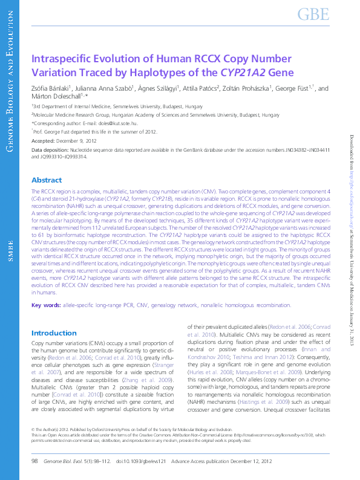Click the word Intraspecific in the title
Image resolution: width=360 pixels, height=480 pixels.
(x=63, y=59)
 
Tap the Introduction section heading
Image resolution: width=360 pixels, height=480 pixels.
(x=54, y=333)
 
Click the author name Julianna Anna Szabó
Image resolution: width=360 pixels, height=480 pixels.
(x=105, y=88)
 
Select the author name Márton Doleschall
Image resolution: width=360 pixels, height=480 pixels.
(x=59, y=96)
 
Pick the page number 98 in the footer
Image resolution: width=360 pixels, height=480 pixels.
(x=34, y=461)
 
